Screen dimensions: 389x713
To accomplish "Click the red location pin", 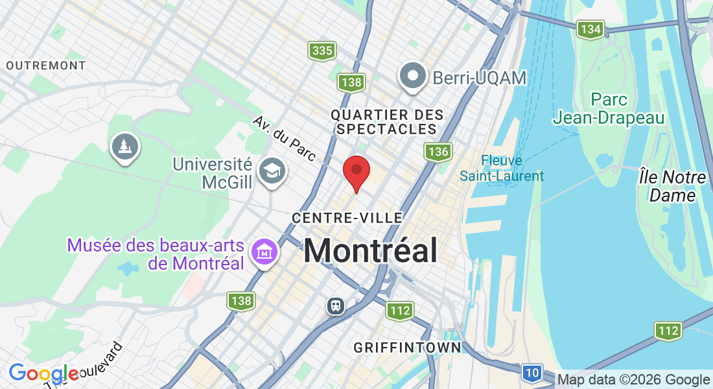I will coord(356,172).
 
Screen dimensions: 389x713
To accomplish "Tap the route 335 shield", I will coord(321,50).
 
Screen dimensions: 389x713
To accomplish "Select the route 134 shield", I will coord(590,29).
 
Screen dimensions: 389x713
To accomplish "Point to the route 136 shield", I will coord(438,152).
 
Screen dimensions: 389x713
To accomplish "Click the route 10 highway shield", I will coord(532,372).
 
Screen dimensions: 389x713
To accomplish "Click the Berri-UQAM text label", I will coord(479,78).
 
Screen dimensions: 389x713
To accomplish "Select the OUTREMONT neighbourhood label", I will coord(46,65).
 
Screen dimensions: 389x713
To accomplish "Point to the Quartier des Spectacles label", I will coord(387,122).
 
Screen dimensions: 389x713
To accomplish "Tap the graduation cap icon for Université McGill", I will coord(270,171).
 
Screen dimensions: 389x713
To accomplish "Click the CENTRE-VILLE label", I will coord(347,218).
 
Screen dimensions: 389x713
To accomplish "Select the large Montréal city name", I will coord(370,250).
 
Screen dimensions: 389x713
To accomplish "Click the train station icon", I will coord(335,305).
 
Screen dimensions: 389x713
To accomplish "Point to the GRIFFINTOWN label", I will coord(407,348).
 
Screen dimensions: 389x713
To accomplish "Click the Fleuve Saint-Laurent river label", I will coord(502,168).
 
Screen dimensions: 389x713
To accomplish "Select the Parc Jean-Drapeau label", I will coord(609,108).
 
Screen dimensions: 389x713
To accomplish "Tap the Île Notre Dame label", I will coord(672,186).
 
